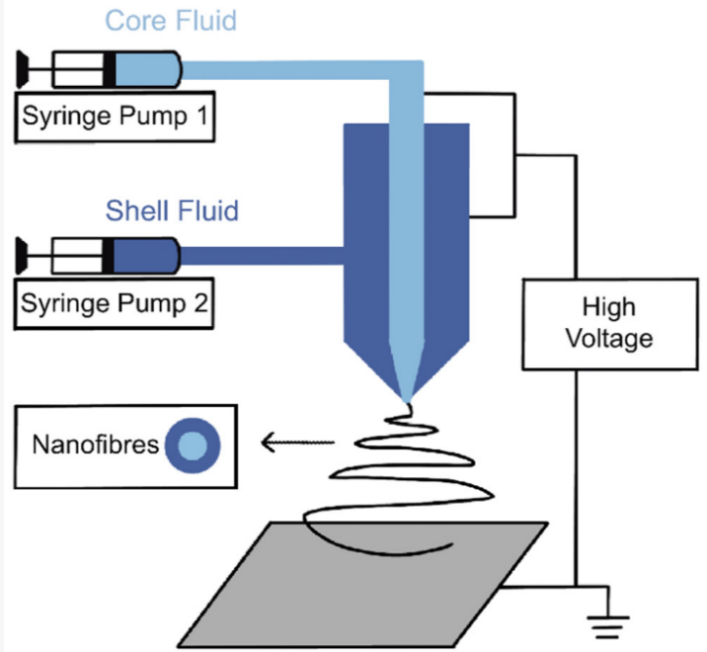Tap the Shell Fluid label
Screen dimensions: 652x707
(173, 209)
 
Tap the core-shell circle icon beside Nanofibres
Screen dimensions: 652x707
(194, 446)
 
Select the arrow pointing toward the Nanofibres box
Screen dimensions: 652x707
(295, 444)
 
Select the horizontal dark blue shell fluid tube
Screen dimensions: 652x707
(262, 256)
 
